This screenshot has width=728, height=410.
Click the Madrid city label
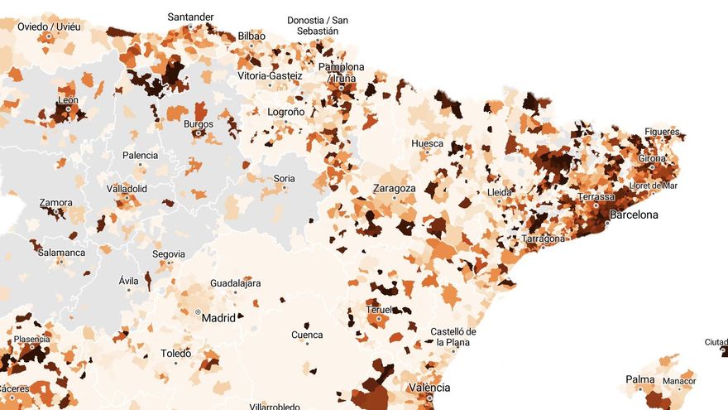(x=219, y=317)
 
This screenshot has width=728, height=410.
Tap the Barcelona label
(x=634, y=215)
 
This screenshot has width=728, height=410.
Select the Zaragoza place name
(x=394, y=188)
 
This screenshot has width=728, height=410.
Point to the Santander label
(x=190, y=17)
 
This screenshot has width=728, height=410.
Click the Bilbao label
(x=251, y=36)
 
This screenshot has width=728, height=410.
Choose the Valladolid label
(x=127, y=189)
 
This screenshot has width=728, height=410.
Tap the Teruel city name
(x=379, y=310)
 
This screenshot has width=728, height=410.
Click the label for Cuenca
(x=307, y=335)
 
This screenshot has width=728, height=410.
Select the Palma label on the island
(x=640, y=380)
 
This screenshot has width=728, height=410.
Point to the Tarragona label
(x=544, y=239)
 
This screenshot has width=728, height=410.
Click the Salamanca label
(x=61, y=253)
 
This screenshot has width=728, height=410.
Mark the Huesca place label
(x=427, y=143)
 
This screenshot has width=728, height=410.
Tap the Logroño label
(x=286, y=112)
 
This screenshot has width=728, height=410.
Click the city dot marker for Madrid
(x=198, y=312)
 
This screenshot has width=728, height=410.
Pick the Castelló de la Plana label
(x=453, y=337)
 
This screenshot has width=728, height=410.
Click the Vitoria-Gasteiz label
(x=270, y=76)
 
